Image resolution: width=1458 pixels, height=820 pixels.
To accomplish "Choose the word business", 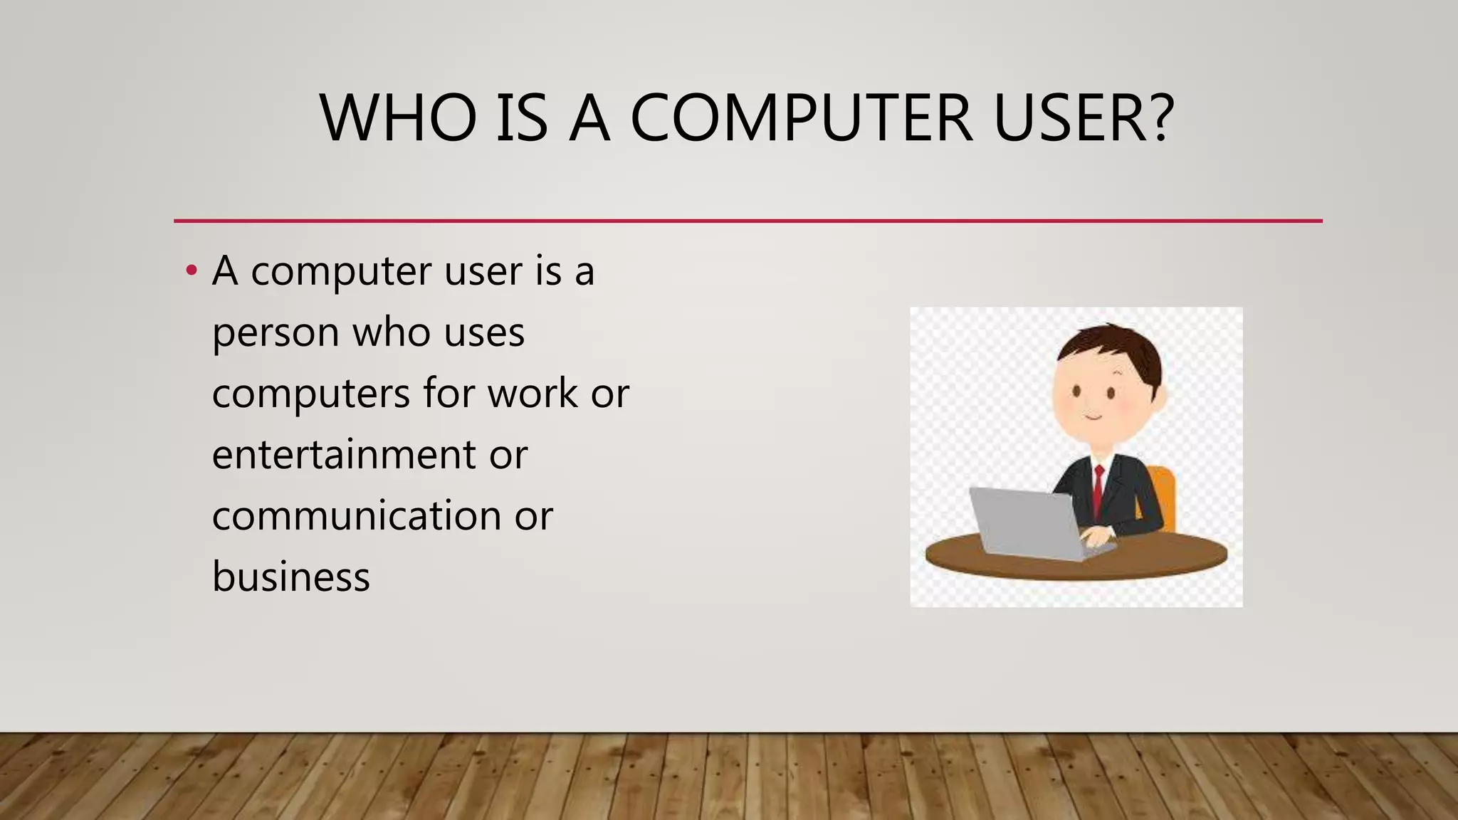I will point(291,577).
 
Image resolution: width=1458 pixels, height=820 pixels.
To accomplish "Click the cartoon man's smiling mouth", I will point(1093,416).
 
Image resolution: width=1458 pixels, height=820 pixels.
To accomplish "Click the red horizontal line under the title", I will point(748,221).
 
